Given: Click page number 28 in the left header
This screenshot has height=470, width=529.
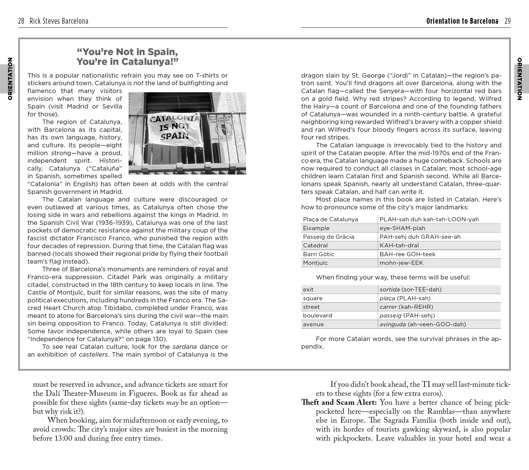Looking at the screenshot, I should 21,21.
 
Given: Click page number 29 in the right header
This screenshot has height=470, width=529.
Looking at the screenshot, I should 507,21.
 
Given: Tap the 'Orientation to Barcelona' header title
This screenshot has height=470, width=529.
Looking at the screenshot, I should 462,21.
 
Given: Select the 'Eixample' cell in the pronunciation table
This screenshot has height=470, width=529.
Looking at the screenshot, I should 316,228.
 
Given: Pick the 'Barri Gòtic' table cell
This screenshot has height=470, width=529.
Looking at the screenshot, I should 319,254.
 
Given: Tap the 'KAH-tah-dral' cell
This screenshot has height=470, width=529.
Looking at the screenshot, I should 399,245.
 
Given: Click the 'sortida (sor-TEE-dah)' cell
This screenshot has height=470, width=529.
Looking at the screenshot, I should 410,289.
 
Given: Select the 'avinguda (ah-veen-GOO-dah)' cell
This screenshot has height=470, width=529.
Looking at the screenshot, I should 423,324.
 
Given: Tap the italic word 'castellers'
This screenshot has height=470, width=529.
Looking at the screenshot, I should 93,354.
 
